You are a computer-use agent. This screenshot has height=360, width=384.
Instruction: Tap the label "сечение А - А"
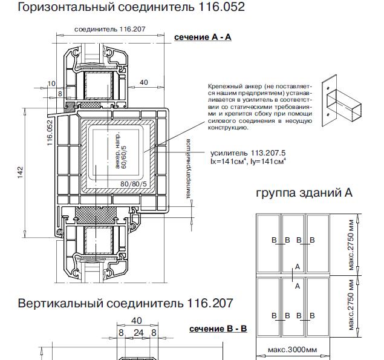[203, 38]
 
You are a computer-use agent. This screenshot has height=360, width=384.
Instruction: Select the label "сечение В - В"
[218, 329]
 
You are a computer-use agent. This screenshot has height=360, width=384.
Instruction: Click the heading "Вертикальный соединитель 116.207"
[125, 303]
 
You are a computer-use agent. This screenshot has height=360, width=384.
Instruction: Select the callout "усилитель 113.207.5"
[247, 153]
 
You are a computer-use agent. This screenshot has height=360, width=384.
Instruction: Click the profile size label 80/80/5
[133, 183]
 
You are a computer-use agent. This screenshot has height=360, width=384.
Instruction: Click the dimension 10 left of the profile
[51, 83]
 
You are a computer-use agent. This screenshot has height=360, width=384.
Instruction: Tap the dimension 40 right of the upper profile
[143, 82]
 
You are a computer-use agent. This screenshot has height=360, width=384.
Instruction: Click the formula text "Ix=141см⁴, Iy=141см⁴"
[248, 162]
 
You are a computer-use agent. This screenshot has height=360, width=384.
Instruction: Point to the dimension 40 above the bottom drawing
[137, 321]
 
